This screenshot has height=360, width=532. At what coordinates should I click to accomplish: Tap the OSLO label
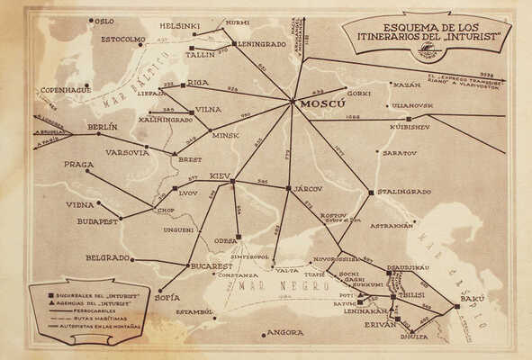pos(104,20)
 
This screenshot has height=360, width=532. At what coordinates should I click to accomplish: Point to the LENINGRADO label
pos(261,43)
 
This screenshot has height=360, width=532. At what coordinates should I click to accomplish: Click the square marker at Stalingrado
pos(371,192)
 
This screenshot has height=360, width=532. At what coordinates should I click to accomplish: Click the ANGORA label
pos(285,332)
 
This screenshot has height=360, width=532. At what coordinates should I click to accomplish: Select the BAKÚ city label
pos(473,298)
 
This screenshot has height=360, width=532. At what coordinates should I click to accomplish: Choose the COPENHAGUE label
pos(64,90)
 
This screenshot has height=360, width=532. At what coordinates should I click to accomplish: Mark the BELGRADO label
pos(108,257)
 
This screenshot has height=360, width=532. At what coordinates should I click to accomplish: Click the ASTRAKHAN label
pos(391,225)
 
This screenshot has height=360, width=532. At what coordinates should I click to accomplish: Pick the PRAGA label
pos(79,165)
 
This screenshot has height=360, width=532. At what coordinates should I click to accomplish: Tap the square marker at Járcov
pos(288,188)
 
